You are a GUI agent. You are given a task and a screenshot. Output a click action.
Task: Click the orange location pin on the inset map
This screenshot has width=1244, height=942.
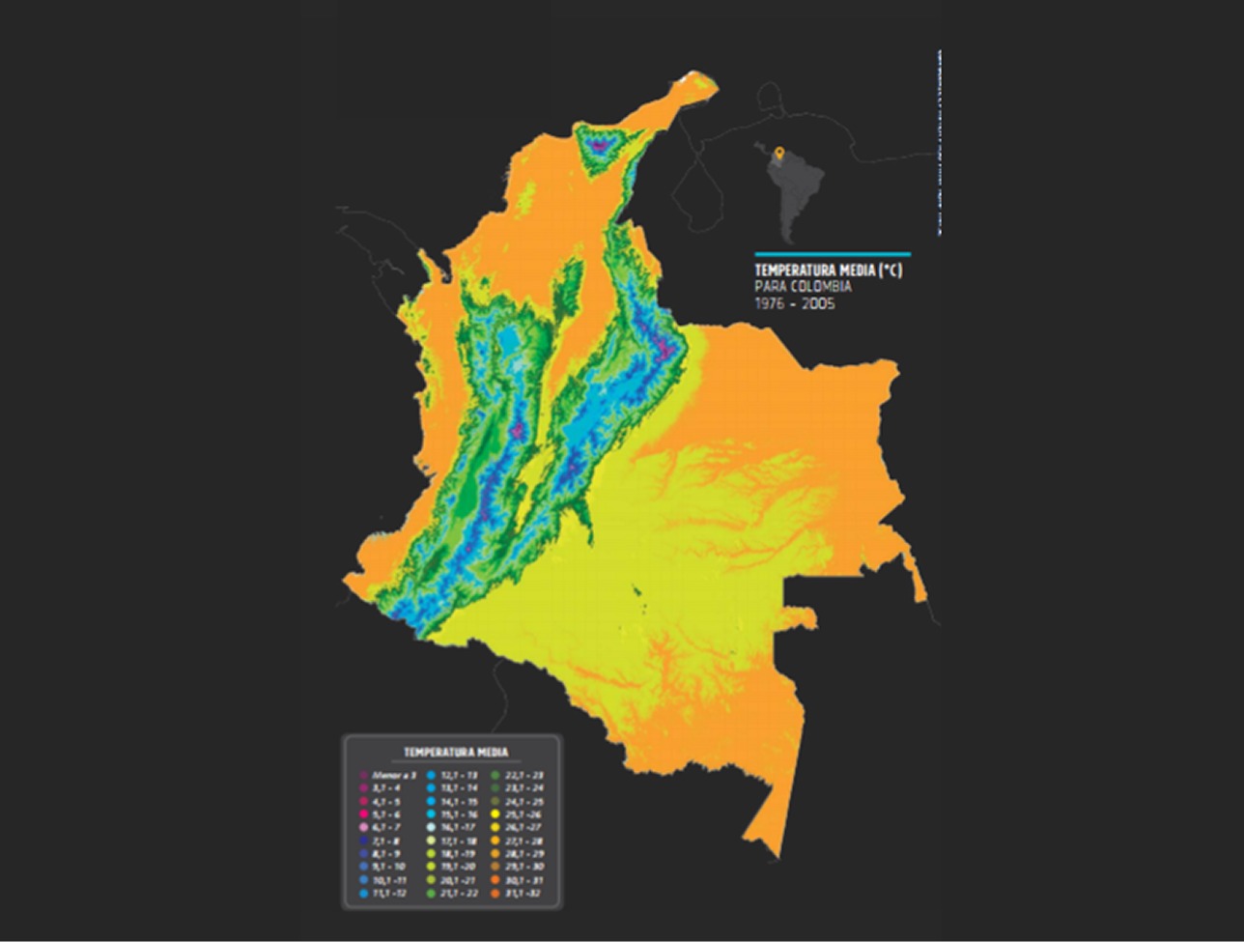(x=779, y=153)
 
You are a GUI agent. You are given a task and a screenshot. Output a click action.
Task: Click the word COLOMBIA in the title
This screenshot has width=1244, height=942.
(x=819, y=287)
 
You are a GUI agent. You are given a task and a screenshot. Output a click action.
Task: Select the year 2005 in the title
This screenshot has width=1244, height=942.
(x=817, y=303)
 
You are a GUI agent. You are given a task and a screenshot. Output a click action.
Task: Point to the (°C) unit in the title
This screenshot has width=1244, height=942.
(x=891, y=271)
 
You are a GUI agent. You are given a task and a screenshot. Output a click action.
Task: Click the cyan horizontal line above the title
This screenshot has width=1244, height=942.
(x=832, y=255)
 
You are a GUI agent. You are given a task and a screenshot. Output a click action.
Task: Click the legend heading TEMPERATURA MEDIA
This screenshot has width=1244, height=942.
(x=455, y=752)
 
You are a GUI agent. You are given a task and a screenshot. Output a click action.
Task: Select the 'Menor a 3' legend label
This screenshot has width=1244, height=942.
(x=394, y=775)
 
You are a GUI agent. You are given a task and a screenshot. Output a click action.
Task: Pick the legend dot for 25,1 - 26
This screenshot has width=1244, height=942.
(x=495, y=814)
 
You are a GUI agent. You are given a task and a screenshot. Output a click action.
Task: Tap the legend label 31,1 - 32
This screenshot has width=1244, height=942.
(x=523, y=894)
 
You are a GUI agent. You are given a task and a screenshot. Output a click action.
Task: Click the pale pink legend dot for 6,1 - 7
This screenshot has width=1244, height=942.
(x=364, y=828)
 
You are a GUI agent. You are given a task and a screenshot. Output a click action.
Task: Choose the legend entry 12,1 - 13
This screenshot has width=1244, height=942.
(x=459, y=775)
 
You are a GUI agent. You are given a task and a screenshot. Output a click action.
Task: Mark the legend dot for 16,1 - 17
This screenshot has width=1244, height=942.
(x=431, y=828)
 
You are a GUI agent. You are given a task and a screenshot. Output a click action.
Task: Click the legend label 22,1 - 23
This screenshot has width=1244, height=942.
(x=523, y=775)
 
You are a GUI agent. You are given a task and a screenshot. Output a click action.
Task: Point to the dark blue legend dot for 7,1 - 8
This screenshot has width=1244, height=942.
(x=364, y=842)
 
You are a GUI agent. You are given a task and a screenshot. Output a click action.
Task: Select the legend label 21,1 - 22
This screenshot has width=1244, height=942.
(x=459, y=894)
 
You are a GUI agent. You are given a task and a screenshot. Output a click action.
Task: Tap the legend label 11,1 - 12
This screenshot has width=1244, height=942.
(x=389, y=894)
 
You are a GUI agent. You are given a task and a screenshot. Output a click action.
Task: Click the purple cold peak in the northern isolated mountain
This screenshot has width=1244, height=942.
(x=601, y=146)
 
